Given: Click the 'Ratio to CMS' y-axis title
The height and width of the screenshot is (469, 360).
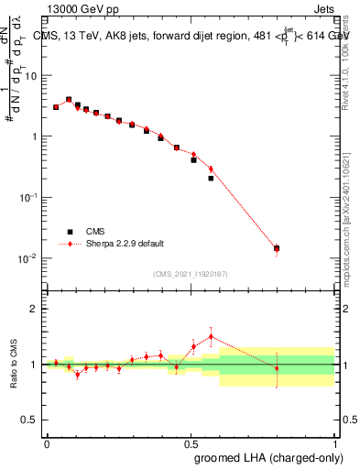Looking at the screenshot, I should [14, 365].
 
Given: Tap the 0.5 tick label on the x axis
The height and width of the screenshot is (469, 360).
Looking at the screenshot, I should [191, 443].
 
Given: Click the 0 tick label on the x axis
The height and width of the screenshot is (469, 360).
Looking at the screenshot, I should [47, 443].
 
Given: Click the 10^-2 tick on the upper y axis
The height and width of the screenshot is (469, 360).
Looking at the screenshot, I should [29, 258].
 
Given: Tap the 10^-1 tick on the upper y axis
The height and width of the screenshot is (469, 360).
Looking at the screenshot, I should [29, 197].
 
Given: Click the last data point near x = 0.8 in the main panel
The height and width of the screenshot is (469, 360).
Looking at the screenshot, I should [277, 248].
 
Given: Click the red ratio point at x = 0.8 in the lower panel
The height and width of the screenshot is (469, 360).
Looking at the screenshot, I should [277, 368].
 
